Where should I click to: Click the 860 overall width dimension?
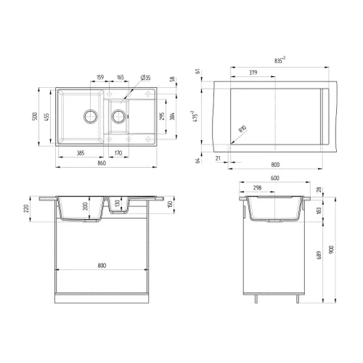click(x=102, y=163)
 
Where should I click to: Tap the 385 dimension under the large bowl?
click(x=81, y=153)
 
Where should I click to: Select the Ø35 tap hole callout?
click(x=145, y=78)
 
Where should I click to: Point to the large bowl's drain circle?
click(x=91, y=116)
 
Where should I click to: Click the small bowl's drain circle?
click(x=118, y=116)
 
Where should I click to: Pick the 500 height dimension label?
click(x=35, y=116)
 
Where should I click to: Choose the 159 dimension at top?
click(x=100, y=77)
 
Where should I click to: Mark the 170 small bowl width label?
click(x=118, y=153)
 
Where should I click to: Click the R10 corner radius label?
click(x=242, y=129)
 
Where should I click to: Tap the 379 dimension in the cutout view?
click(x=253, y=73)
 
